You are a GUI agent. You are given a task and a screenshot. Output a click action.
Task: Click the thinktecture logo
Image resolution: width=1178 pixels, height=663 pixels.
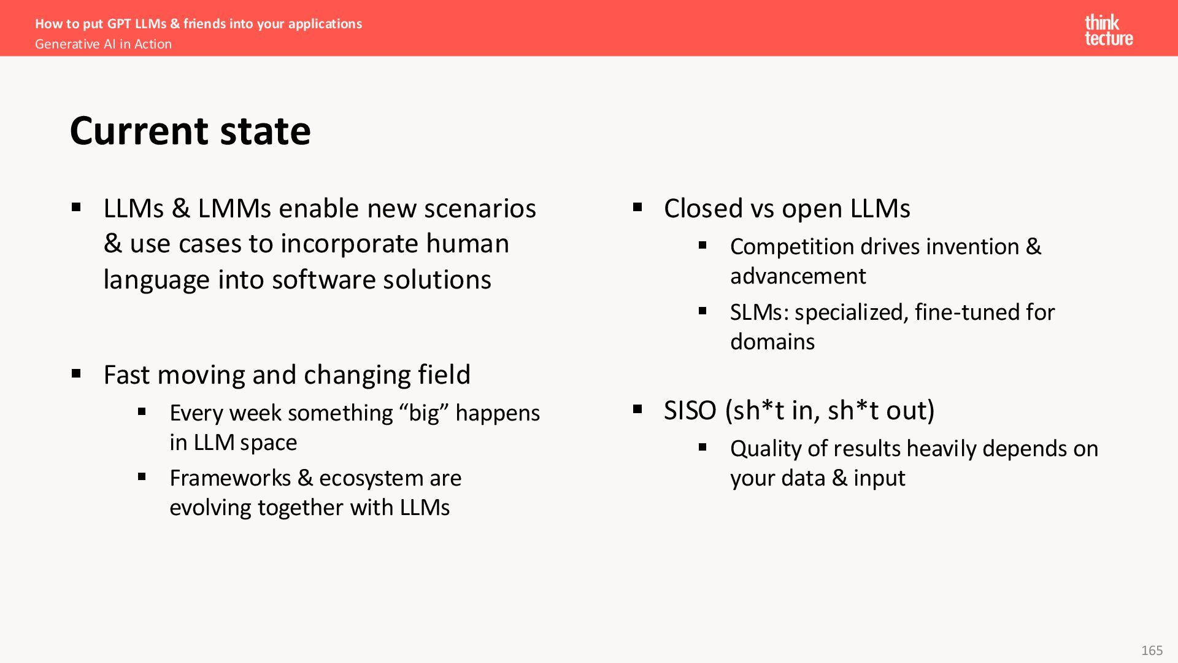coord(1109,31)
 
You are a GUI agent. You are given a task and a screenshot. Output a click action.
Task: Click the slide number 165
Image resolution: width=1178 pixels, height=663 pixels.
coord(1152,650)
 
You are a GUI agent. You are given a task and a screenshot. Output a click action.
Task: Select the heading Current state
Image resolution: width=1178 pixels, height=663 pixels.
coord(190,131)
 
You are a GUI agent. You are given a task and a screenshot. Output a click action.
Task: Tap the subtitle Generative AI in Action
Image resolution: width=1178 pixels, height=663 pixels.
coord(103,44)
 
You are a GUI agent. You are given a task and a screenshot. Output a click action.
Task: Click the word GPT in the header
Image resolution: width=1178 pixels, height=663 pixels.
coord(119,23)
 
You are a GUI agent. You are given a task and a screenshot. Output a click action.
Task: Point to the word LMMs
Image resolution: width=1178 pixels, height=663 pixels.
coord(234,209)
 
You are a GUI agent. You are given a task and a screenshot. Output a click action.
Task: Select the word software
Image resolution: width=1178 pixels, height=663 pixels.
coord(324,280)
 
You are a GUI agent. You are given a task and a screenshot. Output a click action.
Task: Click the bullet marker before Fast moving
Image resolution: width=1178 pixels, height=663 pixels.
coord(76,373)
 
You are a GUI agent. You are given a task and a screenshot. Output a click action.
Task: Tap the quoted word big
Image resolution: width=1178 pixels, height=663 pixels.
coord(425,413)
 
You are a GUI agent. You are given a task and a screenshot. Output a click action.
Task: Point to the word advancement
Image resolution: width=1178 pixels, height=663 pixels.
coord(798,276)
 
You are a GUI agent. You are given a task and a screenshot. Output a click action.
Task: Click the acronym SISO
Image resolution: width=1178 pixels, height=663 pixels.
coord(690,411)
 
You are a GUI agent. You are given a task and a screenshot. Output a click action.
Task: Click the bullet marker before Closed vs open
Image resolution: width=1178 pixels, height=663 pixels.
coord(637,207)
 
